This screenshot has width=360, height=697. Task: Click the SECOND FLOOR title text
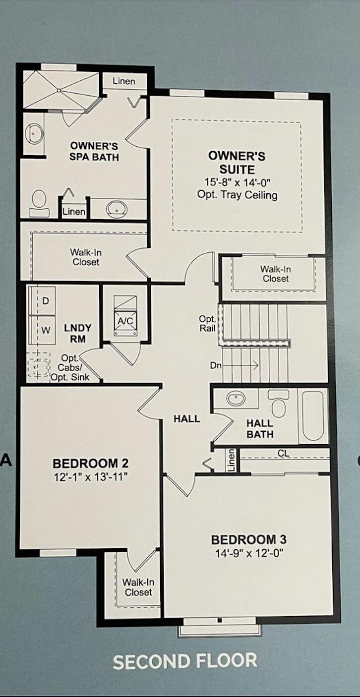[x=185, y=661]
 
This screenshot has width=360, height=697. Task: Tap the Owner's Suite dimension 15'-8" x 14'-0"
[x=237, y=182]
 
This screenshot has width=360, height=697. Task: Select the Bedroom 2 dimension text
[x=90, y=477]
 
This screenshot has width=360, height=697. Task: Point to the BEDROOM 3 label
[x=248, y=539]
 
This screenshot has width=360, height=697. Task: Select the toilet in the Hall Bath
[x=279, y=403]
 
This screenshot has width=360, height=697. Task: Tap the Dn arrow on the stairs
[x=240, y=365]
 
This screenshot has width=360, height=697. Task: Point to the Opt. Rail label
[x=208, y=324]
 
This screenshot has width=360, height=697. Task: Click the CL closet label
[x=283, y=454]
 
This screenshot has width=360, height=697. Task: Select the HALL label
[x=186, y=418]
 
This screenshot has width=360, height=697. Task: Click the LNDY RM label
[x=78, y=333]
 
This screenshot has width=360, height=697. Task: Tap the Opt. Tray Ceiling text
[x=237, y=195]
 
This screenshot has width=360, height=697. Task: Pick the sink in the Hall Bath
[x=236, y=398]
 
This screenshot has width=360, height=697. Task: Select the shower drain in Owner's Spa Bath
[x=59, y=90]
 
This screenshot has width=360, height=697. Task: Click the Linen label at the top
[x=124, y=81]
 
